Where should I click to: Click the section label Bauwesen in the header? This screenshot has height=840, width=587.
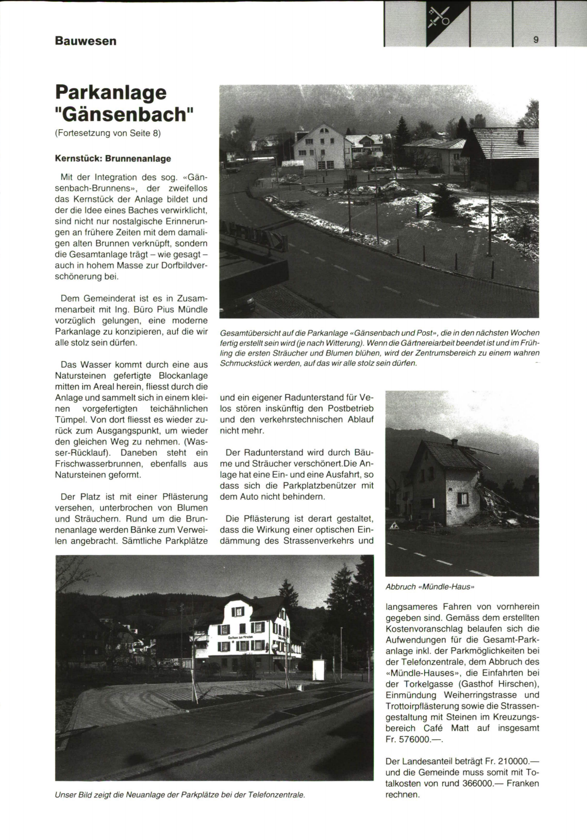click(x=86, y=41)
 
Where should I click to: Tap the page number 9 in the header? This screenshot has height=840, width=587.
click(x=536, y=40)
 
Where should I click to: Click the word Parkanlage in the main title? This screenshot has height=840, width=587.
click(x=111, y=92)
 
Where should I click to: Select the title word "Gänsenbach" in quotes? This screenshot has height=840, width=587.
click(x=125, y=114)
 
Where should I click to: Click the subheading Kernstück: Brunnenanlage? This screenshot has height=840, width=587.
click(x=113, y=158)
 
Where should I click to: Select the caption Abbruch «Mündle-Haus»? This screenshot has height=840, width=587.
click(x=430, y=586)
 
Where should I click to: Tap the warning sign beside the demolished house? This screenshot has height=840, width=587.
click(x=394, y=526)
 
